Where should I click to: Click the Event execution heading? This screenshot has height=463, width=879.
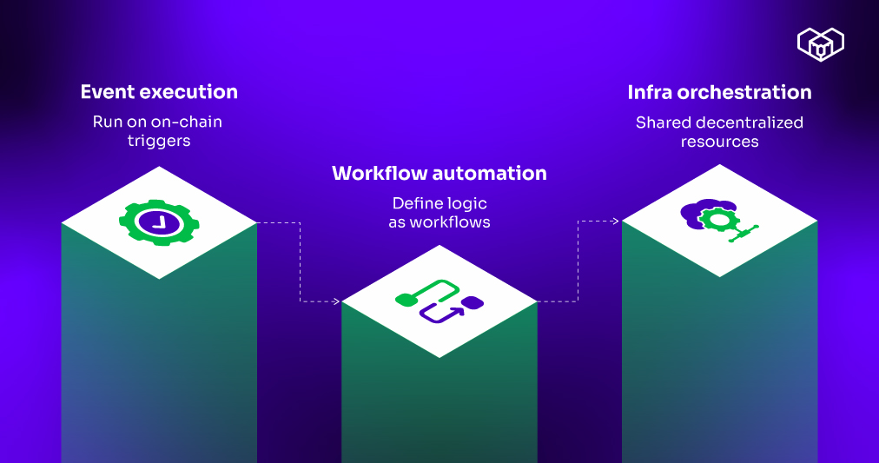point(159,91)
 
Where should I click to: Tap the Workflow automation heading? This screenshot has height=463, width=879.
point(439,173)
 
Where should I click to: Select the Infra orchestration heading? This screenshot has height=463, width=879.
point(719,92)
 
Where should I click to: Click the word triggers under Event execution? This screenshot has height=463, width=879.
point(158,140)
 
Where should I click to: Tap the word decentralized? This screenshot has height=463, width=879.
point(744,122)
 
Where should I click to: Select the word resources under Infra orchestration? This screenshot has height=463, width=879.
point(719,141)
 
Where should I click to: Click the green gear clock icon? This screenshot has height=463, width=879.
point(159,222)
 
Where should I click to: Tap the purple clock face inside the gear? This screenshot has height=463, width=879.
point(159,222)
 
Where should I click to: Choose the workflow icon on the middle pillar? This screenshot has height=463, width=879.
point(439,301)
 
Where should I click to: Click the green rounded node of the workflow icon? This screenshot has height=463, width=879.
point(405,301)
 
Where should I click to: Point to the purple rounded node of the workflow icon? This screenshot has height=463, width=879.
point(473,302)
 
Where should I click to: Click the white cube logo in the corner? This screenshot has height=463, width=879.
point(820,43)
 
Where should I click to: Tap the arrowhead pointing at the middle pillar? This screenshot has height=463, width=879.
point(336,301)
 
